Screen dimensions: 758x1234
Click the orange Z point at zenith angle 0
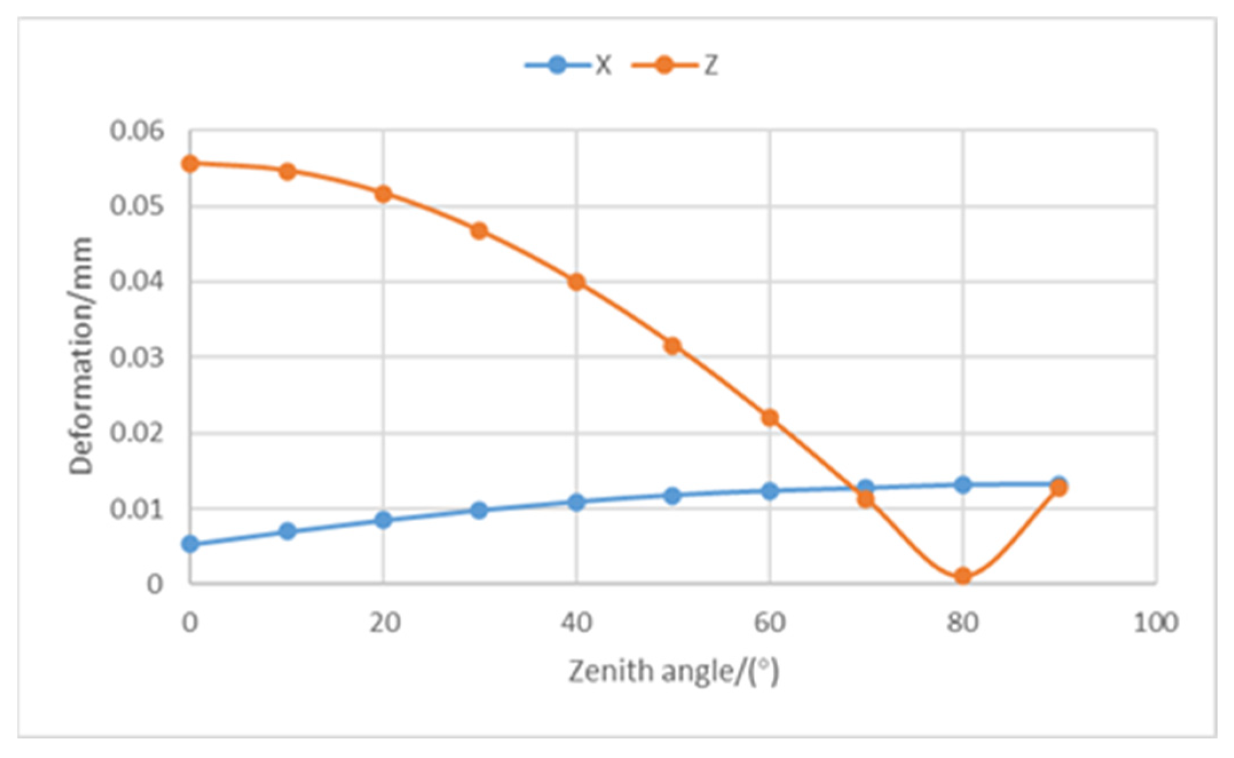(190, 164)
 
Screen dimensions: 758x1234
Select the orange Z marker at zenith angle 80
(963, 576)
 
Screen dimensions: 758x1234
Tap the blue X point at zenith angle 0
(190, 544)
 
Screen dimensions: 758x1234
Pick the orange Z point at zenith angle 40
(576, 282)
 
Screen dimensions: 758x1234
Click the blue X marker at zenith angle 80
(963, 485)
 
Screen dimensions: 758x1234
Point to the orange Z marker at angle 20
(383, 194)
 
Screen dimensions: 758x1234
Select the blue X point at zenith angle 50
(673, 495)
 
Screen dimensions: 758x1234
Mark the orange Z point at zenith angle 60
(770, 418)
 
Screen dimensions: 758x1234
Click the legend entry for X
(569, 65)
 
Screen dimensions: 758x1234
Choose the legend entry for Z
(676, 65)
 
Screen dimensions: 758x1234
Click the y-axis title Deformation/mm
(81, 356)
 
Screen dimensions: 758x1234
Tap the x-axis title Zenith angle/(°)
(673, 672)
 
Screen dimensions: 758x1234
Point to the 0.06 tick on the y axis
(129, 131)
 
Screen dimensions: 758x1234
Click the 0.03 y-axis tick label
(129, 358)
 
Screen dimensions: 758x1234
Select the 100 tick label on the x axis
(1156, 622)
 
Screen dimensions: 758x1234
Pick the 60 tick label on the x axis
(769, 622)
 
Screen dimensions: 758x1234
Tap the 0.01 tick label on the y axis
(129, 509)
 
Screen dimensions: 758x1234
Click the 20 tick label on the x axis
(384, 622)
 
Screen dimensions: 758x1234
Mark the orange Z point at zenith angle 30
(480, 231)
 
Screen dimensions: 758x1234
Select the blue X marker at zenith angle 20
(383, 520)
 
